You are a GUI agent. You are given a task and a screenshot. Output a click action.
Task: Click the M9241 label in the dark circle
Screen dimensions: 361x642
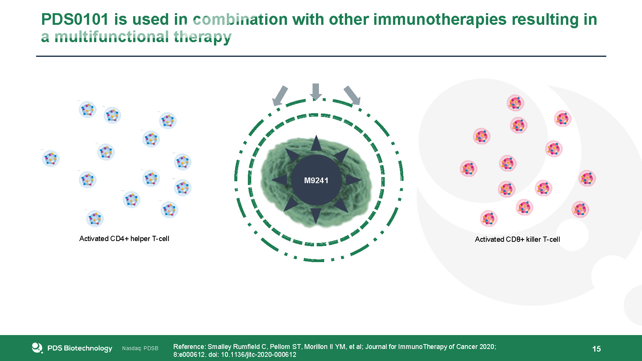click(x=316, y=180)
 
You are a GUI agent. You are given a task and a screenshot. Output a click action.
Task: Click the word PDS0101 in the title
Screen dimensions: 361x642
click(x=74, y=20)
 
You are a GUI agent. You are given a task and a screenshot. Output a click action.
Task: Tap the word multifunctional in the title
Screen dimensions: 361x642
click(x=112, y=37)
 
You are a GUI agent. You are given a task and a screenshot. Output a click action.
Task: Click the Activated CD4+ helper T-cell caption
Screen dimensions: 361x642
click(x=124, y=239)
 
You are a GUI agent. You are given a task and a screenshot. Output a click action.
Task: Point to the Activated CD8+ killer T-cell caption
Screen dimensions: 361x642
click(x=517, y=240)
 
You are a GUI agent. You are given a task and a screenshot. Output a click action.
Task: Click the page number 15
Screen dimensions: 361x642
click(x=596, y=349)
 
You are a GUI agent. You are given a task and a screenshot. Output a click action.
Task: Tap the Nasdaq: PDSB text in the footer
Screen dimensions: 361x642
click(x=140, y=349)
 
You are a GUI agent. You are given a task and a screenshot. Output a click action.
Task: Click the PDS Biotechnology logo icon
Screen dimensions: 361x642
click(x=37, y=348)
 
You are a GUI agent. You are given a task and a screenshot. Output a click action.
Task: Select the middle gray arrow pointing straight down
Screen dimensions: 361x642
click(x=316, y=91)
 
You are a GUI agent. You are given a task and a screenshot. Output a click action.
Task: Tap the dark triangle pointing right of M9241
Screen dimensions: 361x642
click(x=352, y=180)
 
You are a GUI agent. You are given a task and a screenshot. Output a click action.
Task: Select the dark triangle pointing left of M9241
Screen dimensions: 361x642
click(x=280, y=180)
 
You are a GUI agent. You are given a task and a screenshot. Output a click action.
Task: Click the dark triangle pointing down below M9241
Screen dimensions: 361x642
click(x=316, y=215)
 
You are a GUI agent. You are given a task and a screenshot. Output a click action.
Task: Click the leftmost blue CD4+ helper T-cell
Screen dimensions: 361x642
click(x=51, y=158)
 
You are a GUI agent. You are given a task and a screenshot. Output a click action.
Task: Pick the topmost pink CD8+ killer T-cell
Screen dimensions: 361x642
click(x=515, y=103)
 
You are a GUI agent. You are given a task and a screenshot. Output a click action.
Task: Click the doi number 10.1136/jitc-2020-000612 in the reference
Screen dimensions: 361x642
click(x=258, y=355)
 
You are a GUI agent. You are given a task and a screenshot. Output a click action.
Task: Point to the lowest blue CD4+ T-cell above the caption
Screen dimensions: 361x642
click(x=94, y=218)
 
